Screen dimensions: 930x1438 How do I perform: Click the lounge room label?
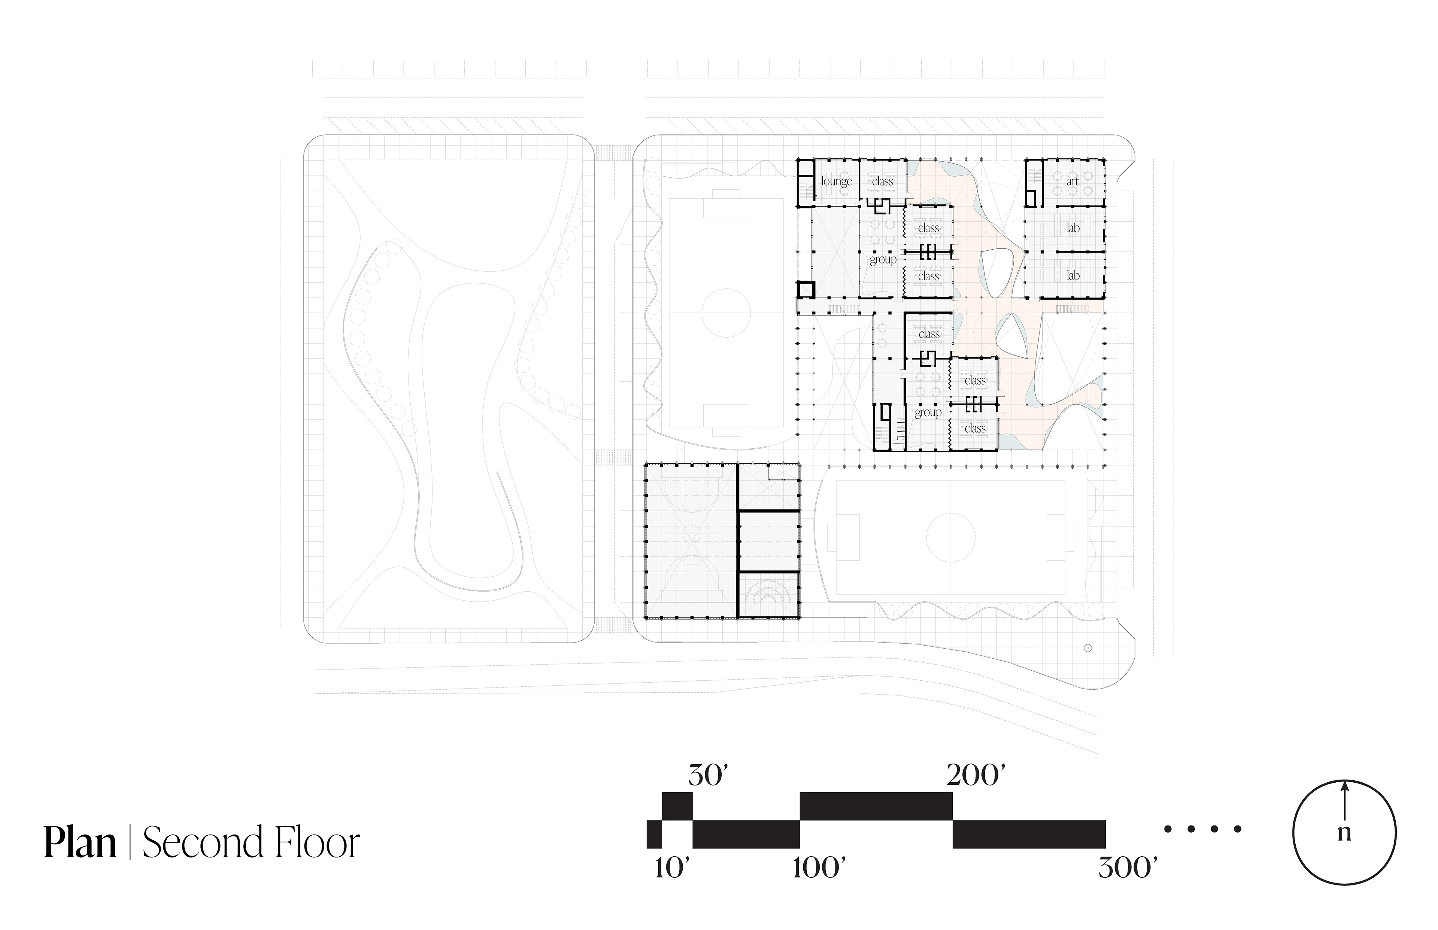pos(836,181)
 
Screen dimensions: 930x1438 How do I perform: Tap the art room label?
pos(1073,181)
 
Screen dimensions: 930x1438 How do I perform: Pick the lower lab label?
pos(1073,275)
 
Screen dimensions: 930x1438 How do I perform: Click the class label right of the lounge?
pos(882,181)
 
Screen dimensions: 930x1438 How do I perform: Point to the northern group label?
pos(883,260)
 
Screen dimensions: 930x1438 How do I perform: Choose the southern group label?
pos(928,412)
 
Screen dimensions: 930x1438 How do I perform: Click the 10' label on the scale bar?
pos(672,868)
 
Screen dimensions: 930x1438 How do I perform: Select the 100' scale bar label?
pos(819,868)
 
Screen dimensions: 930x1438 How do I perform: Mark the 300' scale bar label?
pos(1128,868)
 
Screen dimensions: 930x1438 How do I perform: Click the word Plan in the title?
pos(80,843)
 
